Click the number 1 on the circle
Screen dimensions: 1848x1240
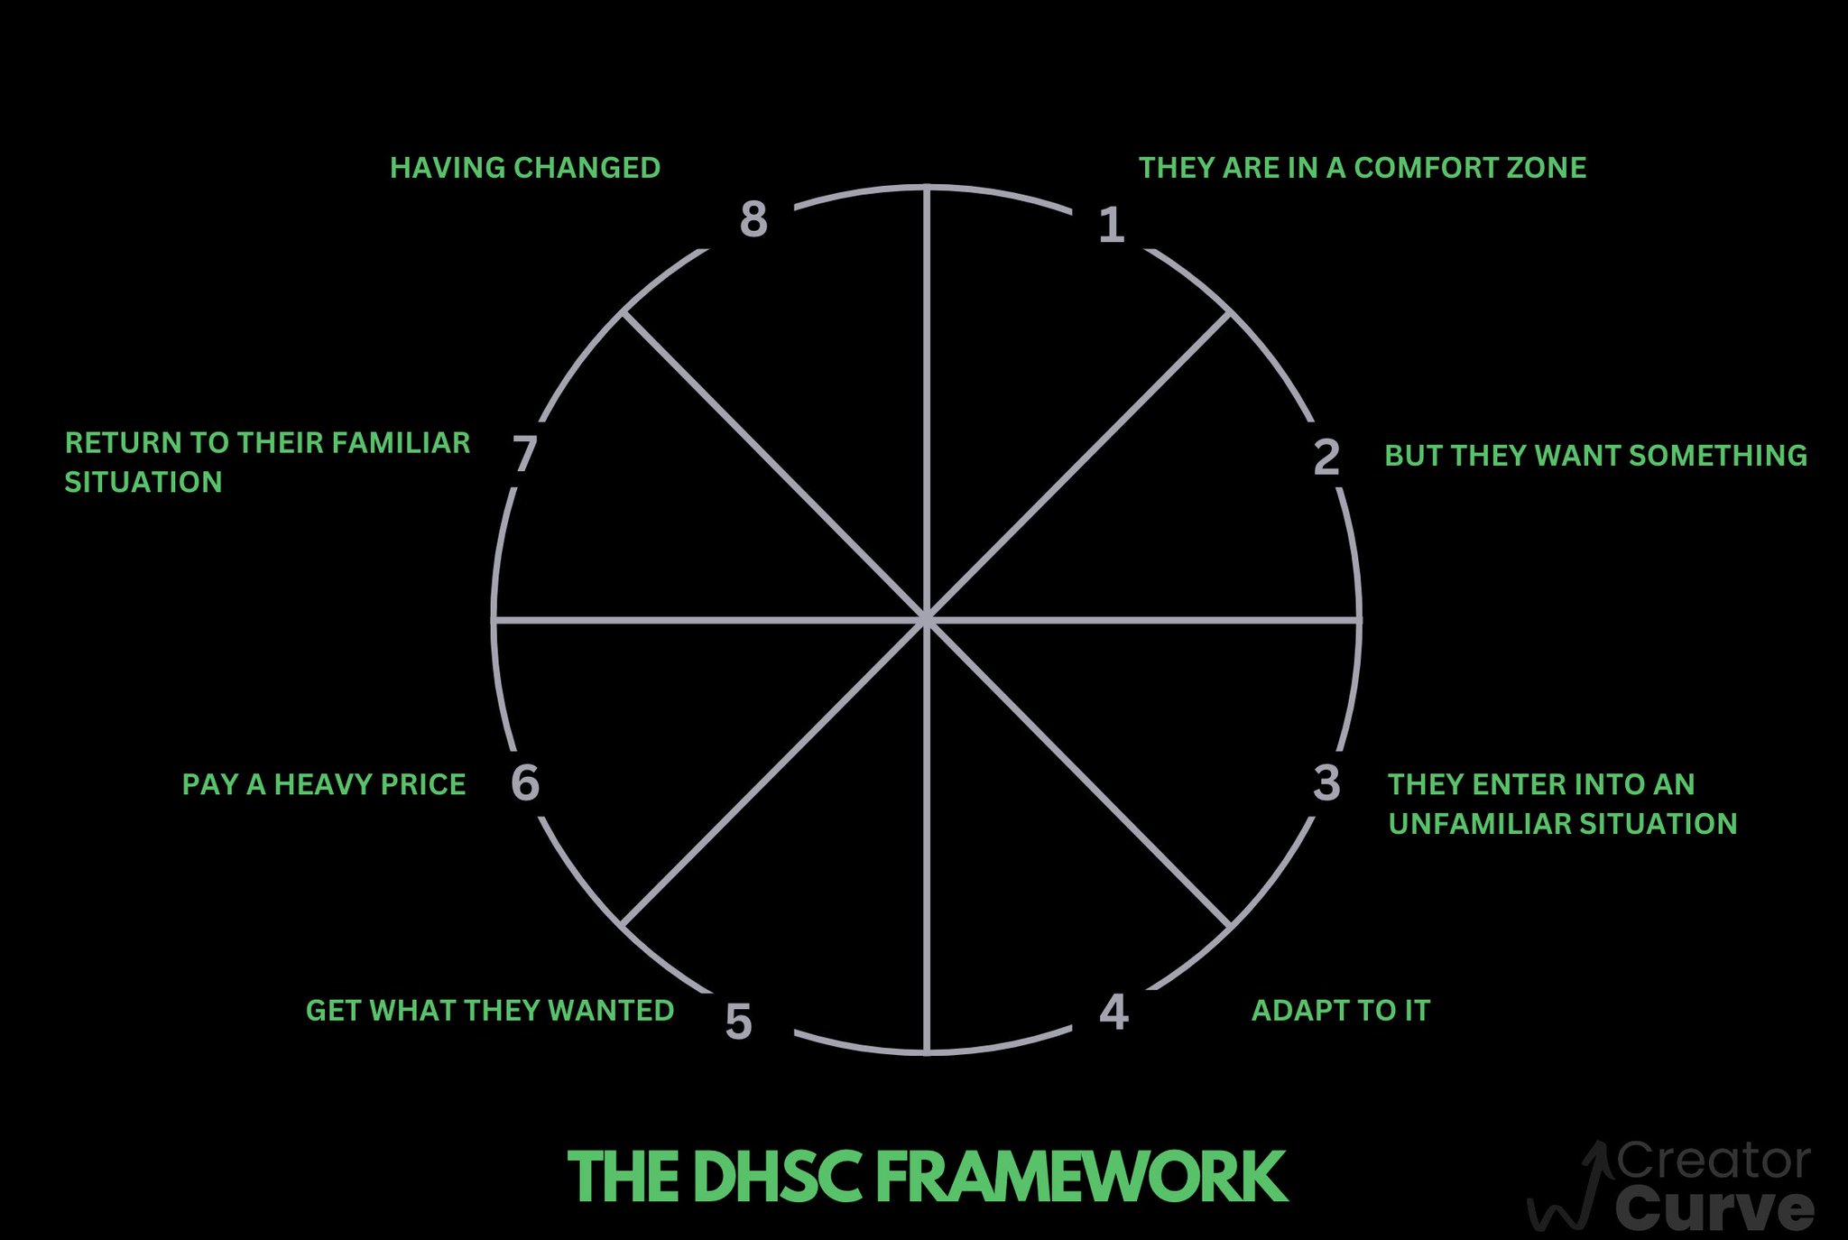point(1112,225)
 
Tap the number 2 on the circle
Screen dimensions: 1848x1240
point(1326,457)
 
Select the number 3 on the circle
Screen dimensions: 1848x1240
point(1326,782)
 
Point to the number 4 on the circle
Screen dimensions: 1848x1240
point(1114,1012)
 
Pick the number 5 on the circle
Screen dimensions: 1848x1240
point(738,1023)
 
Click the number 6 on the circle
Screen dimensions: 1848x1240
point(525,782)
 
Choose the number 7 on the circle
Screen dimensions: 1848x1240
point(524,453)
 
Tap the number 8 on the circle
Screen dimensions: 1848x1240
point(753,219)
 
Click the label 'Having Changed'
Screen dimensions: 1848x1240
point(525,168)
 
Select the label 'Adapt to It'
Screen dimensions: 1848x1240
point(1341,1010)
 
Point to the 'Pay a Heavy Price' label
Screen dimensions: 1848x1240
point(324,784)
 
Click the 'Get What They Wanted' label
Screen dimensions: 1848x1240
point(490,1010)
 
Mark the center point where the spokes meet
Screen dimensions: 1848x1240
point(927,620)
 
